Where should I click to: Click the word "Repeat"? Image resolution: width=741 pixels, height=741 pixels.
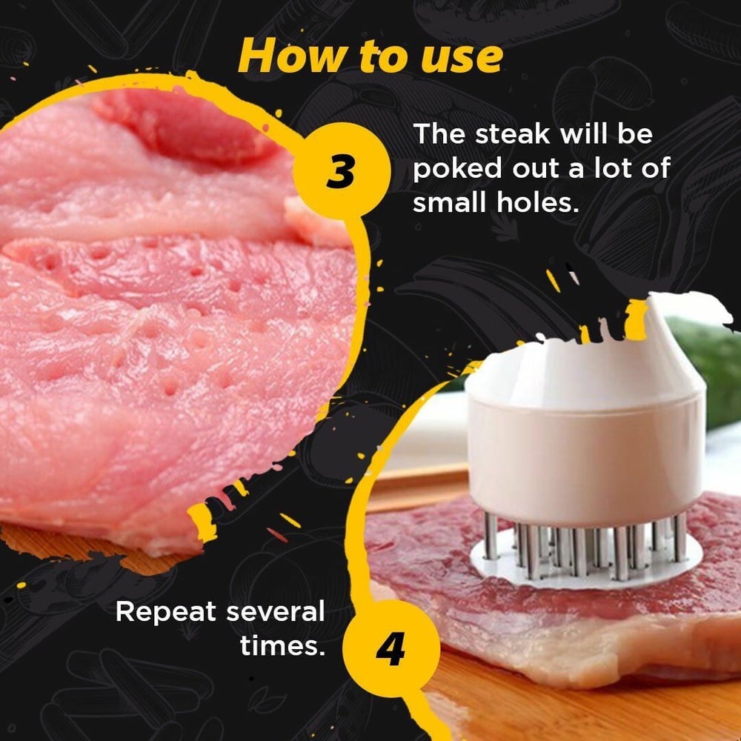pos(166,613)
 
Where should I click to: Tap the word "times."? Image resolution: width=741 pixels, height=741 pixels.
pos(282,646)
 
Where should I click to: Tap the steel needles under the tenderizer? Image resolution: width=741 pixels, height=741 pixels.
pos(578,548)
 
